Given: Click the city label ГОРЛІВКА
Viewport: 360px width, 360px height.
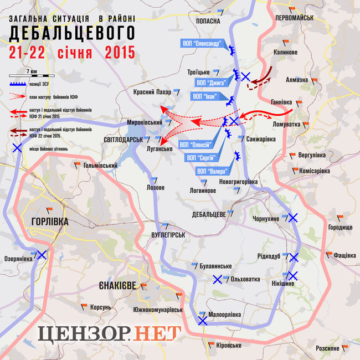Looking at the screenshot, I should (46, 221).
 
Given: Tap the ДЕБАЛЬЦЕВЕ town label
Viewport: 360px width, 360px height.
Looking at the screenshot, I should (208, 214).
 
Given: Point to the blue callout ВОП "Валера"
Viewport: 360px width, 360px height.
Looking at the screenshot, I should (211, 171).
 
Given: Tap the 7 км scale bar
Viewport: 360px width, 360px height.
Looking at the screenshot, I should (32, 74).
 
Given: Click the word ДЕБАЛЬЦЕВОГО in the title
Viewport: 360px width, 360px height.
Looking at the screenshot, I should (72, 34).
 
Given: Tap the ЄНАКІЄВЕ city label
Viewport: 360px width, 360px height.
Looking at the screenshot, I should (117, 285).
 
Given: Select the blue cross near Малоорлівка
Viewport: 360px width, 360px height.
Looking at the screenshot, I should (203, 320).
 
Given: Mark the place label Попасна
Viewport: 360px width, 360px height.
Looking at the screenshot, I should (208, 20).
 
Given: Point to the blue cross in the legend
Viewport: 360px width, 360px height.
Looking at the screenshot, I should (18, 148).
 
